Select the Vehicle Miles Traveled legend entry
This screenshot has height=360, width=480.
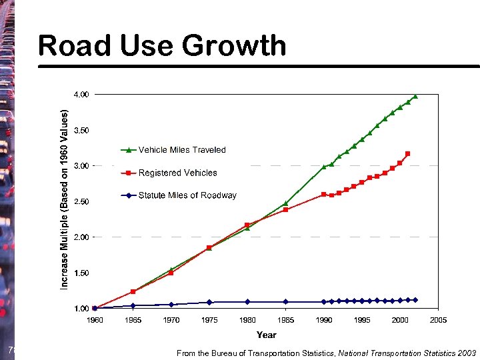click(182, 150)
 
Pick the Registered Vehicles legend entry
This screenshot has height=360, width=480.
click(177, 173)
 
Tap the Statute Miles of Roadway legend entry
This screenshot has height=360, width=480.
click(187, 195)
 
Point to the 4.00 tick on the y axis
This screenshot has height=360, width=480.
click(80, 95)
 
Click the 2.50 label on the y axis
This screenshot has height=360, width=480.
click(80, 201)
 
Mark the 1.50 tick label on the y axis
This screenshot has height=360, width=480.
click(80, 273)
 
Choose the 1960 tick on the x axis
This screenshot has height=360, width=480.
click(95, 320)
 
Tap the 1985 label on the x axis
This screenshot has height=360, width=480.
click(286, 320)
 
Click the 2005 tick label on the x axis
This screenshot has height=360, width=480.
click(438, 320)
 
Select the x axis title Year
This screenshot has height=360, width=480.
click(267, 335)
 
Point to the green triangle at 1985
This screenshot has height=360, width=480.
click(286, 203)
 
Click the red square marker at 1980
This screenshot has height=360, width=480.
click(247, 225)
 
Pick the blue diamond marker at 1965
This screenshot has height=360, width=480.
click(133, 305)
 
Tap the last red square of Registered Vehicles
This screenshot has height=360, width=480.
click(407, 153)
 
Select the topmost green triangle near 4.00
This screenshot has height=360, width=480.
click(415, 96)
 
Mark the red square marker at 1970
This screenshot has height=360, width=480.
click(171, 273)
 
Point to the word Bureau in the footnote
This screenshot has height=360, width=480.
click(225, 353)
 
